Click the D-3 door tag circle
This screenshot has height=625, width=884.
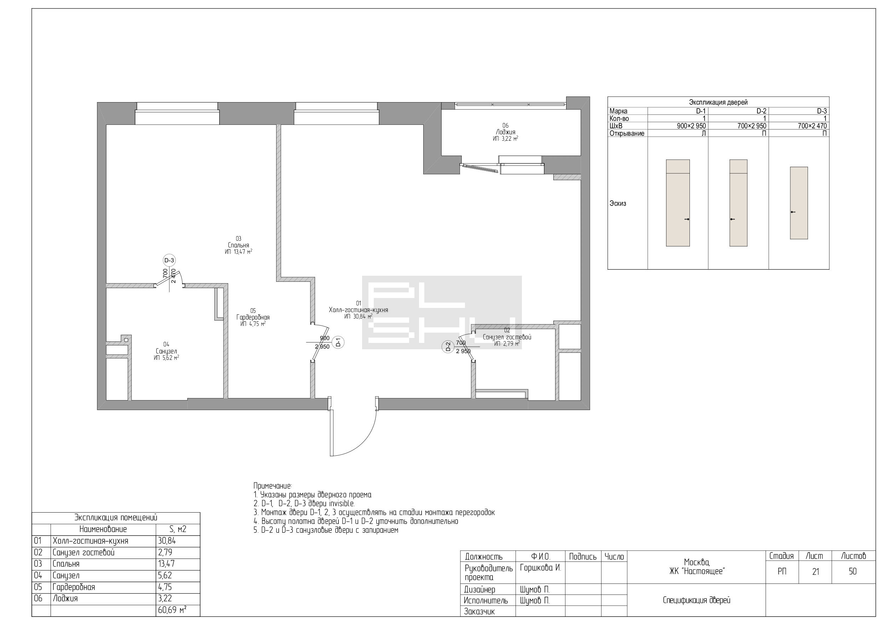click(169, 260)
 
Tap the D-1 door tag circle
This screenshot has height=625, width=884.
click(338, 342)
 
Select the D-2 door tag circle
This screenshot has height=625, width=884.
click(447, 347)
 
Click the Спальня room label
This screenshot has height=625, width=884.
click(238, 245)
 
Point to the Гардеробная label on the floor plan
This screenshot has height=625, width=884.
click(253, 317)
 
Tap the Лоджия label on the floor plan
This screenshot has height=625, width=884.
click(505, 132)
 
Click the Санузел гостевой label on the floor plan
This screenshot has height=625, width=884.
click(507, 337)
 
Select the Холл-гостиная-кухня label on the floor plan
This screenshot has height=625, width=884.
click(359, 310)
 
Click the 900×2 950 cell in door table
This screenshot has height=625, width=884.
click(691, 126)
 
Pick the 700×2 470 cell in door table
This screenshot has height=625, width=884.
click(812, 126)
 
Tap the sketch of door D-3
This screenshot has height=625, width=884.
click(799, 203)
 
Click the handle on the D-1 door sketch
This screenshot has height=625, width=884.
click(687, 220)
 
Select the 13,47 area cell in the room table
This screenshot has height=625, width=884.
click(166, 564)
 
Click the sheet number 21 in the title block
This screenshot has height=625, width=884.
click(815, 572)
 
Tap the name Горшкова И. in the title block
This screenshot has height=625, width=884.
click(540, 568)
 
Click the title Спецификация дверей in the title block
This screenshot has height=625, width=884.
click(697, 600)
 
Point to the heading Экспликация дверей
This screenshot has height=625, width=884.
click(718, 103)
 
